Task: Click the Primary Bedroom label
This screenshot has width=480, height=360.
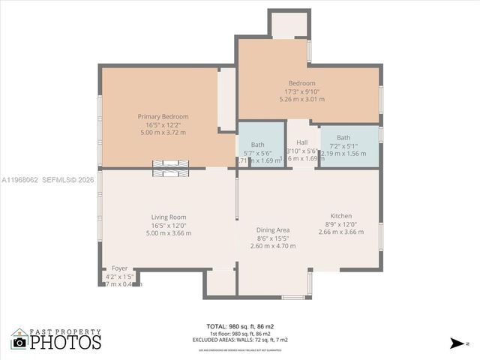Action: [163, 116]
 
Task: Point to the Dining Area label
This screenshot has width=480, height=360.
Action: [272, 229]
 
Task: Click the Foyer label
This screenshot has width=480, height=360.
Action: [120, 268]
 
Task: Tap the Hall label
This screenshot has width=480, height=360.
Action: [301, 142]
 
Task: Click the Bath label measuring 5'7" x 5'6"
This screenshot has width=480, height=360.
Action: [257, 144]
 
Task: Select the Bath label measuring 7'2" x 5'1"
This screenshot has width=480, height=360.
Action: [343, 137]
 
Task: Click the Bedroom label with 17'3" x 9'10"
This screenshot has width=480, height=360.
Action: [301, 82]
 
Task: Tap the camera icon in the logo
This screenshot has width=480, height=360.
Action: [19, 342]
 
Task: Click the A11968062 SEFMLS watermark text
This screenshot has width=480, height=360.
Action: [47, 180]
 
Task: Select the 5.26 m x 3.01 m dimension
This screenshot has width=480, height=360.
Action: [301, 98]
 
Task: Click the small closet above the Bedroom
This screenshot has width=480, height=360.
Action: [289, 25]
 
